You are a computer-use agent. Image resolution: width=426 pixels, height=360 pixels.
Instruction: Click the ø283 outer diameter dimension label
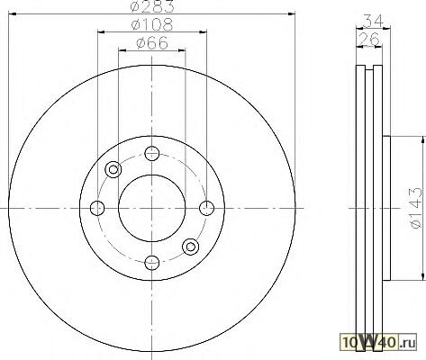click(x=152, y=6)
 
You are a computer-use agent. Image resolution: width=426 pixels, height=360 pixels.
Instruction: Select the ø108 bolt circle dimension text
click(x=152, y=25)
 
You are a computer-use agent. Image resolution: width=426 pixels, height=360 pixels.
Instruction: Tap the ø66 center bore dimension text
click(x=152, y=43)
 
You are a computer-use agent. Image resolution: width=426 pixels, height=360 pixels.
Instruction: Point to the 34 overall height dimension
click(x=374, y=21)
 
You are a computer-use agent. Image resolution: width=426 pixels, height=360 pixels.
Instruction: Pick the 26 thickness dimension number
click(x=369, y=39)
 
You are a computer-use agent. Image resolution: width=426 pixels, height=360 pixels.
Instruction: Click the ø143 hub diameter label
click(x=415, y=208)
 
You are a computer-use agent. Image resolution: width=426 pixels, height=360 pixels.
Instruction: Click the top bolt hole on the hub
click(x=151, y=154)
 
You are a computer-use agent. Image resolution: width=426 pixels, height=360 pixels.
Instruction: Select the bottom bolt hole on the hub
click(x=151, y=263)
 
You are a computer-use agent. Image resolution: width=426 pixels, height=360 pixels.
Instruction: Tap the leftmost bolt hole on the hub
click(x=97, y=208)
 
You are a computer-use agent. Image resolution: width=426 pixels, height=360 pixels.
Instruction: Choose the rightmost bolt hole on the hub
click(x=207, y=208)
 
